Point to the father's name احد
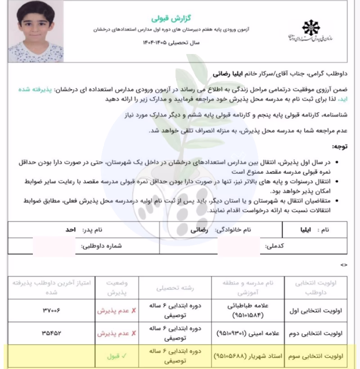click(x=68, y=229)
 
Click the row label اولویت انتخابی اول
click(x=320, y=310)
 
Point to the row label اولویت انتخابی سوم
click(x=320, y=355)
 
